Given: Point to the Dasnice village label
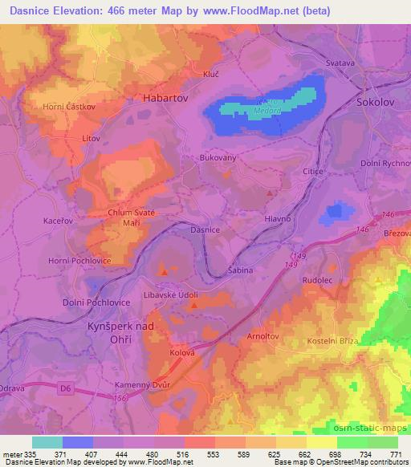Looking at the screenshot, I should click(x=205, y=229).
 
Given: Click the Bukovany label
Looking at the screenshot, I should click(x=218, y=159).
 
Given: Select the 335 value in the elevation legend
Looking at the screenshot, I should click(x=31, y=453).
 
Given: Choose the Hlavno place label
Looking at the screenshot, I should click(x=278, y=218).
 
